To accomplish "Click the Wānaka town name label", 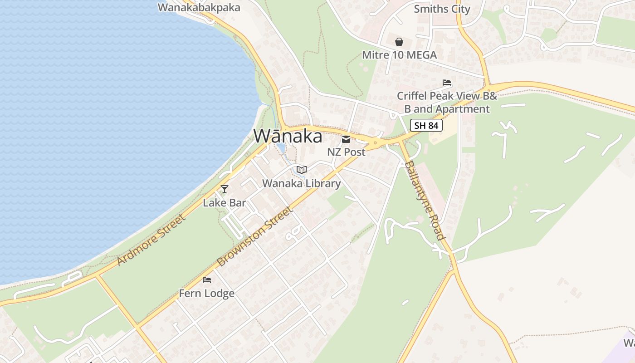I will click(288, 136).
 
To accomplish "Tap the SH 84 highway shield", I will click(426, 125).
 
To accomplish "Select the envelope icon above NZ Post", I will click(346, 139).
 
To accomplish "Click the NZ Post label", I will click(346, 152).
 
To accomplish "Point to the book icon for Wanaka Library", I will click(302, 170).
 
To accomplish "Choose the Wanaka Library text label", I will click(302, 183).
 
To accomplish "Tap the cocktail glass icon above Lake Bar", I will click(224, 189).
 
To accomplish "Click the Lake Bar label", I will click(224, 203).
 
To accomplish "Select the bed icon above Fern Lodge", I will click(207, 280).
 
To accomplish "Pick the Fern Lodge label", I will click(207, 294).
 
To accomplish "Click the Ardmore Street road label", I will click(151, 240).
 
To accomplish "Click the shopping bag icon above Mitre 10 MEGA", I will click(399, 42).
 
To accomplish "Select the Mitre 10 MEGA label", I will click(399, 55).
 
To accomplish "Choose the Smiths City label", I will click(442, 9).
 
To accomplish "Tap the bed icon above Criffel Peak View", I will click(447, 83).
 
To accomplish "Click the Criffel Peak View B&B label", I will click(447, 103).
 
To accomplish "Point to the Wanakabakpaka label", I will click(199, 8).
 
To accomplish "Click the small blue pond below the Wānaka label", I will click(281, 148).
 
